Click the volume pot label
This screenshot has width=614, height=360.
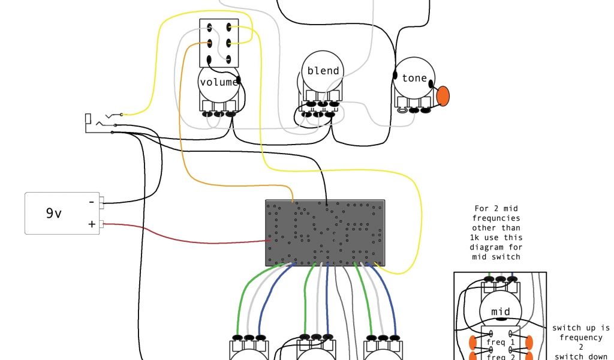219,82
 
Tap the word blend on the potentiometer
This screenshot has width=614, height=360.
323,71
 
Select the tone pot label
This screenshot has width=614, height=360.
414,79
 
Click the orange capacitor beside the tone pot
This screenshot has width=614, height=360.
443,96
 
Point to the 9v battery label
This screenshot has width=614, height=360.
54,213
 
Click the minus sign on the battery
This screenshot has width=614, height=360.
92,202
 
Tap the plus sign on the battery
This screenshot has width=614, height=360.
92,224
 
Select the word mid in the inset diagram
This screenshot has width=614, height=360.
501,311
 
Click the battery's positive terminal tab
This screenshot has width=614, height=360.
104,224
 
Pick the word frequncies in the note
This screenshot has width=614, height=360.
497,218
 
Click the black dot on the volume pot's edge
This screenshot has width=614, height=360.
239,80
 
